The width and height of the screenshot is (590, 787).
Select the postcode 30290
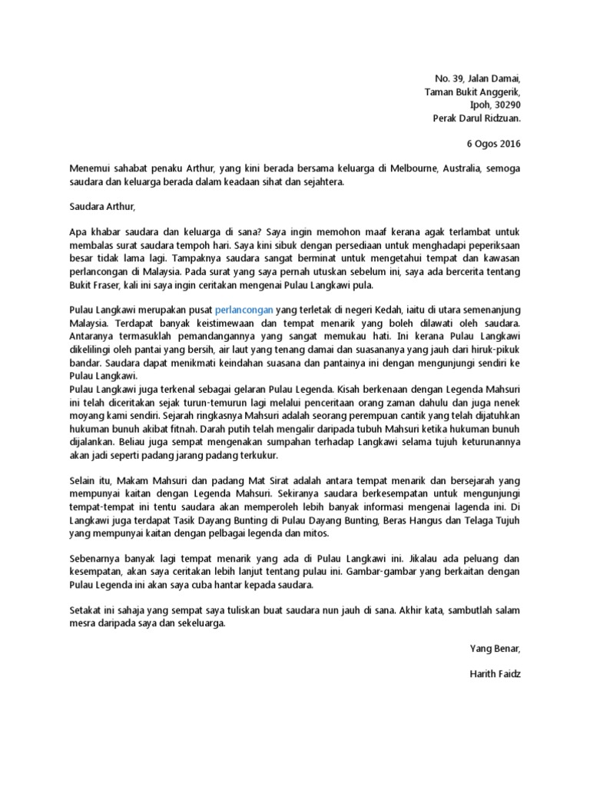pos(505,105)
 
